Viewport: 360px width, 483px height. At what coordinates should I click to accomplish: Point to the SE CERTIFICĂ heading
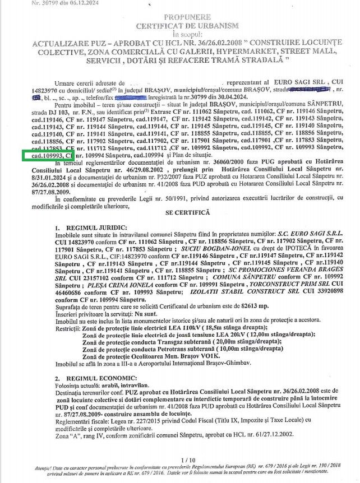[187, 197]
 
